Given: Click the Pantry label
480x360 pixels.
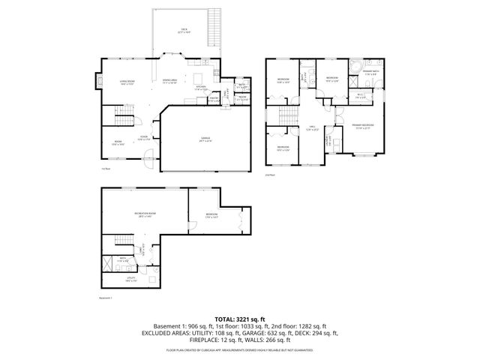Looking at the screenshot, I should pos(214,99).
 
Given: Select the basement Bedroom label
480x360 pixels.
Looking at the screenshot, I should pos(211,216).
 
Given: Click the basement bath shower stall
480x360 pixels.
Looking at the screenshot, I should pos(109,262).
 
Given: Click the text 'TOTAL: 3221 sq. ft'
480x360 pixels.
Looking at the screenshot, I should pos(239,318).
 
